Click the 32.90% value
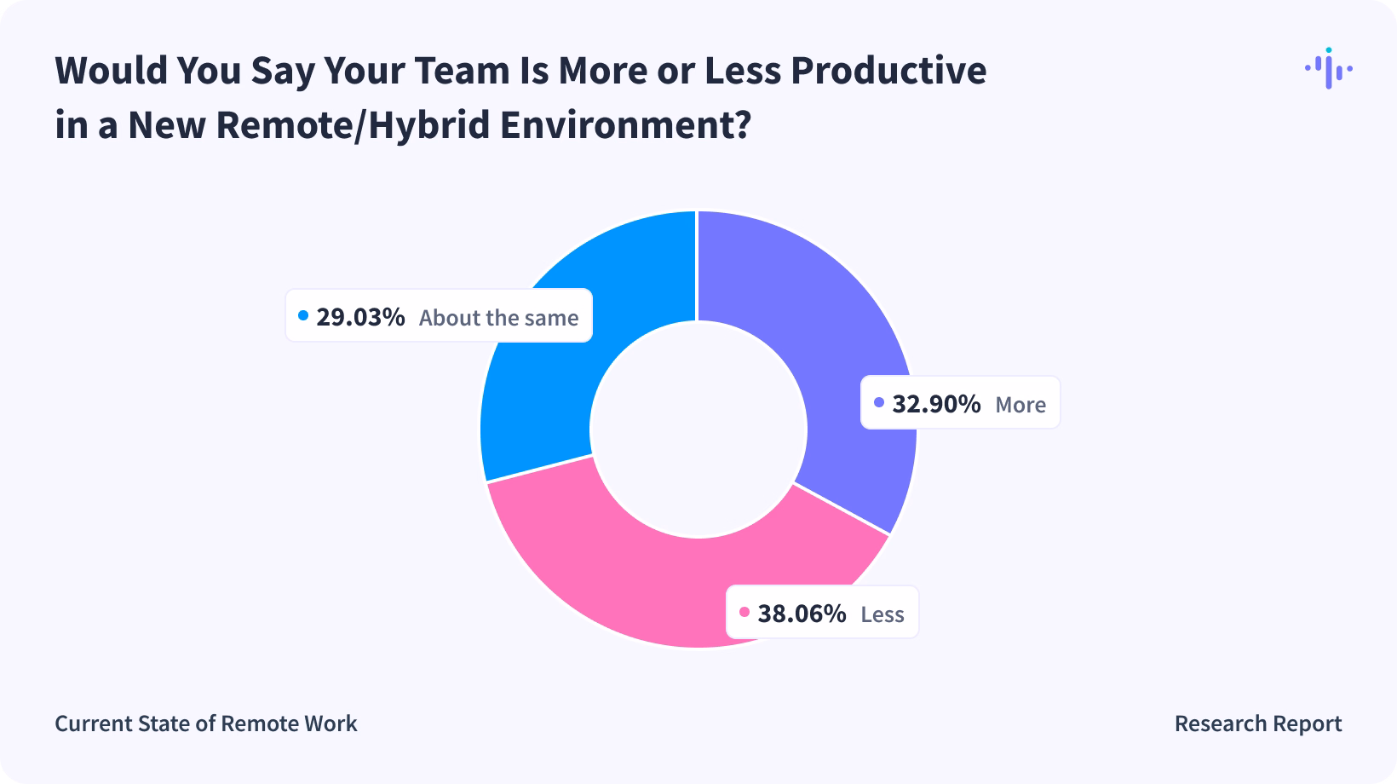[936, 403]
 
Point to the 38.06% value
[802, 613]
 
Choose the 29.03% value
[360, 317]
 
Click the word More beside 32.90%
[1020, 404]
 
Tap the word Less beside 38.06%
[882, 614]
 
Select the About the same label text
[498, 318]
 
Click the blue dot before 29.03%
[303, 316]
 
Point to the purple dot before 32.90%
[879, 402]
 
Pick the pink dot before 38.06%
[744, 612]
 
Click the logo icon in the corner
[1328, 68]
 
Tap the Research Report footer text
[1257, 723]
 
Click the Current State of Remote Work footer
[206, 723]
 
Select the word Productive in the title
[888, 71]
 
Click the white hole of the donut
[698, 429]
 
